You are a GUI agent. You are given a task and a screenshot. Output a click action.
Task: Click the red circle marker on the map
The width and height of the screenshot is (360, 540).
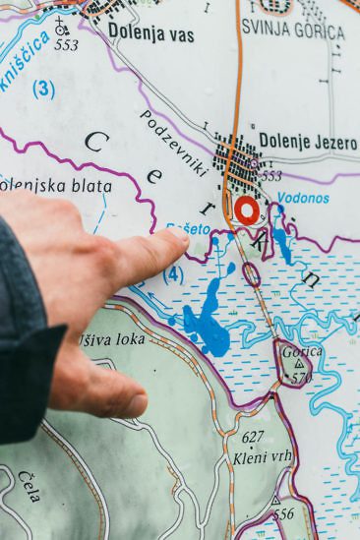[246, 210]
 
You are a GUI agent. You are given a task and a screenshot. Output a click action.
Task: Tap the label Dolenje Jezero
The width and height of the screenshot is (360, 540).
[308, 143]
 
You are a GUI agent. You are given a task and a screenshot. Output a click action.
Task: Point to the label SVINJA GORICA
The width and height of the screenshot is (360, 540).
[294, 31]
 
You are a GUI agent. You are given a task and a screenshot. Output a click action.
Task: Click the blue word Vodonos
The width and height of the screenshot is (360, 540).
[303, 197]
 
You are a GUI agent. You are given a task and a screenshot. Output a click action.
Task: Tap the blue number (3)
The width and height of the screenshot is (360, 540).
[43, 90]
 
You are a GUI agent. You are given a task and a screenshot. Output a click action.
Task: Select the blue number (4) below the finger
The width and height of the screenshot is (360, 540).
[173, 273]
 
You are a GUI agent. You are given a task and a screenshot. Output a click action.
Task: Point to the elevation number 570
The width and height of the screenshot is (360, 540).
[301, 379]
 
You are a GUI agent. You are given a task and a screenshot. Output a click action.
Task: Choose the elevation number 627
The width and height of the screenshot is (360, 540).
[253, 437]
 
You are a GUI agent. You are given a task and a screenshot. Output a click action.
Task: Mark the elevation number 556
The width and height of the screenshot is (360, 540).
[283, 513]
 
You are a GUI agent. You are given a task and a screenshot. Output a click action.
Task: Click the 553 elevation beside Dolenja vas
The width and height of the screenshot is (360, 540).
[67, 45]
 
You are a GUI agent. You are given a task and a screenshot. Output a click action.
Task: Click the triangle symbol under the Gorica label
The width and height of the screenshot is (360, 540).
[298, 365]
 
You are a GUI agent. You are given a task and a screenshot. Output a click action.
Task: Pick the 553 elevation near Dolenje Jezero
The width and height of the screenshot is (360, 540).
[270, 176]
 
